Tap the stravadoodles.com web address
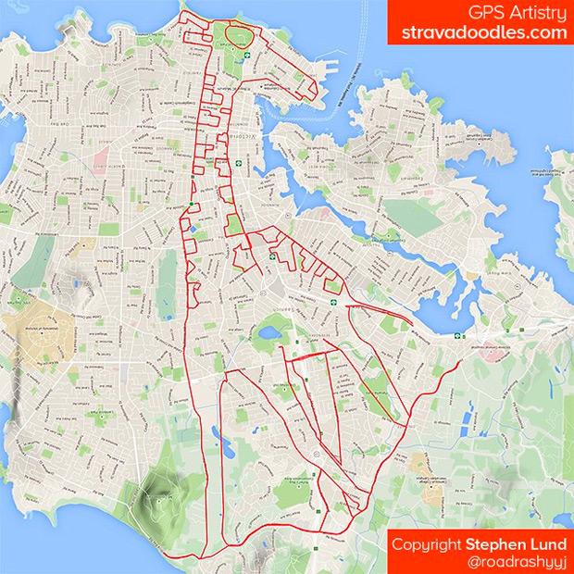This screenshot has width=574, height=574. click(483, 32)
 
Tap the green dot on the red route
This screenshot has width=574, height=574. click(191, 204)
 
